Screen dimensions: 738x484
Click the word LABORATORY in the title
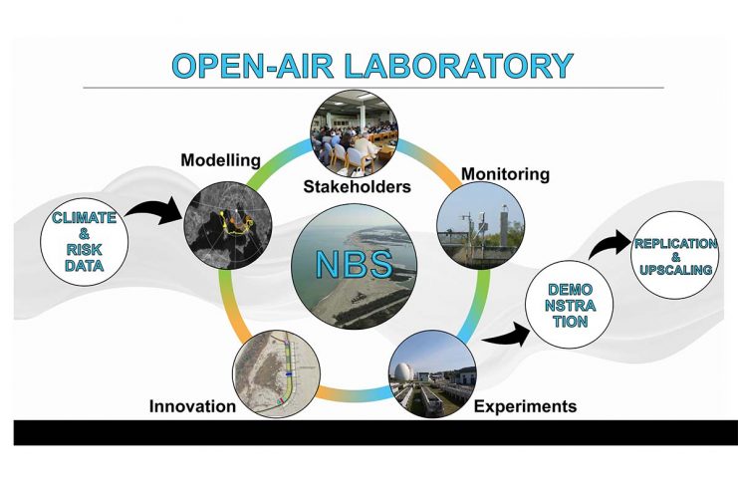[459, 66]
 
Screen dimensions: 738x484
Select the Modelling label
[221, 160]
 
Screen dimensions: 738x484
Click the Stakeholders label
[358, 187]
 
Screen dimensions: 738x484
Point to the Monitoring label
[506, 174]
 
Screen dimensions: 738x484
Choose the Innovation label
[192, 406]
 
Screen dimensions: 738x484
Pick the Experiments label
[525, 406]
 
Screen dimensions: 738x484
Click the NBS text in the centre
[355, 264]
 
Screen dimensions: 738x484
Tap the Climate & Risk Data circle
[85, 242]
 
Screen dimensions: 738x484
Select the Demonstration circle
[570, 305]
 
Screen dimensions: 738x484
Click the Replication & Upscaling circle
[675, 256]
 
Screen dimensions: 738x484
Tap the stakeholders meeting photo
[355, 133]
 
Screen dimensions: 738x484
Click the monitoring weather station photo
[481, 226]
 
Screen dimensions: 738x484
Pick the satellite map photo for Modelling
[228, 225]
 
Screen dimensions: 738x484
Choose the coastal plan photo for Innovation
[277, 373]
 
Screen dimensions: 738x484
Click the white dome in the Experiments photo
[403, 372]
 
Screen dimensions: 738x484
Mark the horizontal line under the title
[373, 88]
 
